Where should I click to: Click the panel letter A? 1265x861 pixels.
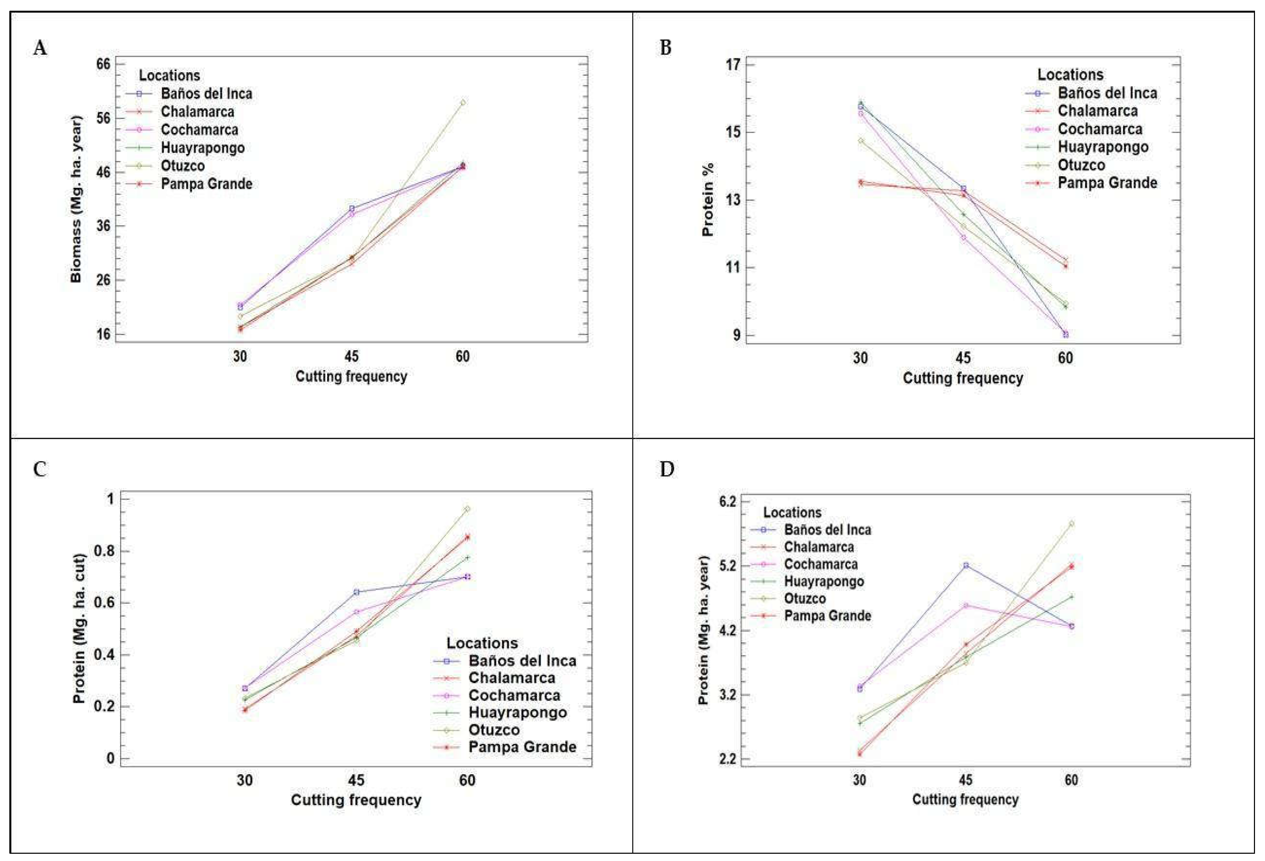[x=40, y=48]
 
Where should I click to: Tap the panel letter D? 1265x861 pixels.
[x=667, y=469]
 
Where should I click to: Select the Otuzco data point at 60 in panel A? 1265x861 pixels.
[x=463, y=102]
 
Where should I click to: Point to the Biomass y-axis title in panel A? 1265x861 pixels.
[x=76, y=199]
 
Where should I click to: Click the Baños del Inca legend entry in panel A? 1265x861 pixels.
[x=206, y=94]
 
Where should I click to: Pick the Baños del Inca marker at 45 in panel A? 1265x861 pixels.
[x=352, y=209]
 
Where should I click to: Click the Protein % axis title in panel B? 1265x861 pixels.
[x=707, y=200]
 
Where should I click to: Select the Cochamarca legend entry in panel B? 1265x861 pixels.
[x=1100, y=129]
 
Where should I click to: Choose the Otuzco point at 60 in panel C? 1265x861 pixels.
[x=467, y=509]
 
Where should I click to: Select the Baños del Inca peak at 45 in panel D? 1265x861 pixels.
[x=966, y=565]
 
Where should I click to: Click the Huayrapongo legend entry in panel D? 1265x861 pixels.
[x=824, y=581]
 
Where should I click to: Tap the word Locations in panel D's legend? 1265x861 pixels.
[x=792, y=513]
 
